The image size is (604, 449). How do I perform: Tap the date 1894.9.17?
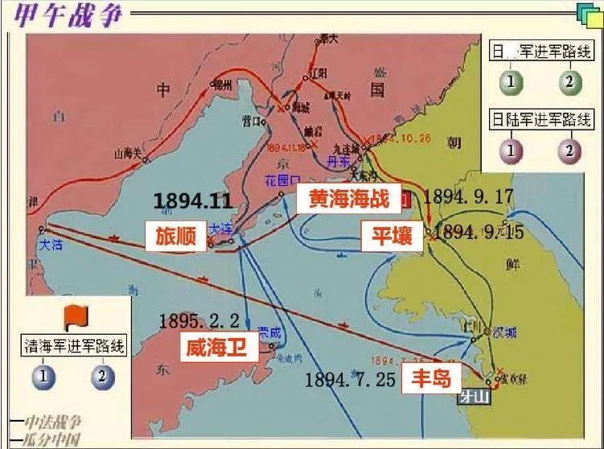pyautogui.click(x=467, y=196)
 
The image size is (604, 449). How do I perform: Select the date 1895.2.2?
pyautogui.click(x=199, y=320)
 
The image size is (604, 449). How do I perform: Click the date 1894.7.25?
pyautogui.click(x=351, y=380)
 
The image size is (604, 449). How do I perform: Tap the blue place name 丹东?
pyautogui.click(x=338, y=161)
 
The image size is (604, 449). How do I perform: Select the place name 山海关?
pyautogui.click(x=129, y=152)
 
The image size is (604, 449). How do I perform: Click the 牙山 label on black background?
pyautogui.click(x=473, y=396)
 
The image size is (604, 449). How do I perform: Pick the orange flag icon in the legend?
pyautogui.click(x=74, y=316)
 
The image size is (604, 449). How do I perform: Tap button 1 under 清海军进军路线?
pyautogui.click(x=46, y=376)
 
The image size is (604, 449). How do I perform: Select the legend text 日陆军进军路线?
pyautogui.click(x=542, y=121)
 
